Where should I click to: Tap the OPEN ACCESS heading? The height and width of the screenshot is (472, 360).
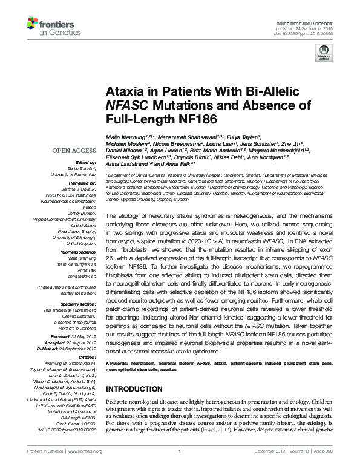tap(74, 151)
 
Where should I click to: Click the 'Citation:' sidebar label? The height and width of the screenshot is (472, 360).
tap(88, 358)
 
